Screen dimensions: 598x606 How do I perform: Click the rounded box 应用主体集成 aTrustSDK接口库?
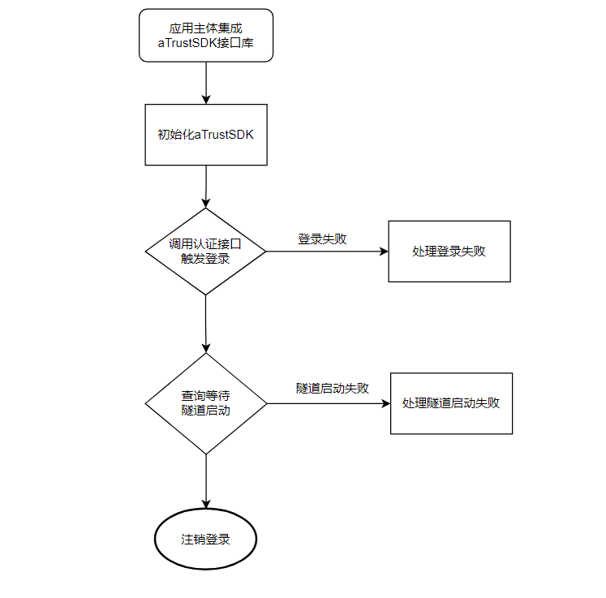pos(206,35)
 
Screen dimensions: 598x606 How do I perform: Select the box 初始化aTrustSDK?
pos(206,135)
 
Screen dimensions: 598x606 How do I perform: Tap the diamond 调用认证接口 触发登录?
pos(206,252)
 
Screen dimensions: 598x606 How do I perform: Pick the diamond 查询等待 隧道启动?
pos(206,403)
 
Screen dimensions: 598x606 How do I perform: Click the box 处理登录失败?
pos(449,252)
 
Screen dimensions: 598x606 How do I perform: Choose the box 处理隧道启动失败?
pos(451,403)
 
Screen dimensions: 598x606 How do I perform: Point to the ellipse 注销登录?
pos(206,540)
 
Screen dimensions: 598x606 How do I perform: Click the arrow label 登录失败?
pos(322,239)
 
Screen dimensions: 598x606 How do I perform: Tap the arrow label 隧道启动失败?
pos(333,389)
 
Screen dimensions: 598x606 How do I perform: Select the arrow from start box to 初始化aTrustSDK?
pos(206,83)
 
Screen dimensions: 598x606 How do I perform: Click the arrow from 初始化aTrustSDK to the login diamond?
pos(206,187)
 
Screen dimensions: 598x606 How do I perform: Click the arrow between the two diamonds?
pos(206,323)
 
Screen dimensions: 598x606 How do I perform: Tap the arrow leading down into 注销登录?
pos(206,481)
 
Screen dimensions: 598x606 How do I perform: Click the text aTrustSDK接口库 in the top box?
pos(206,43)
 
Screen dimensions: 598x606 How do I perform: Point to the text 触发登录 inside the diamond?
pos(206,260)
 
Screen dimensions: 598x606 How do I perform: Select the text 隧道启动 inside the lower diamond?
pos(206,411)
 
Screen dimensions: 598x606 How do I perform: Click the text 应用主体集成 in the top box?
pos(206,28)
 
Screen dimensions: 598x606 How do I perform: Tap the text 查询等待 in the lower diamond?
pos(206,396)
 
